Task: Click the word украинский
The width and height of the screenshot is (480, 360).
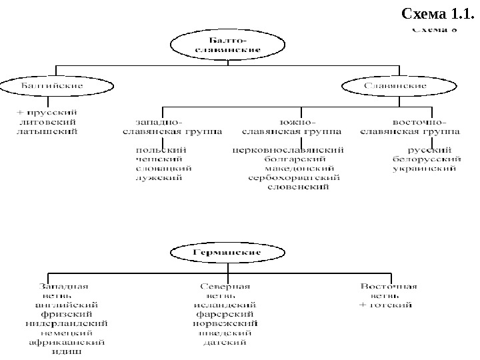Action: [425, 169]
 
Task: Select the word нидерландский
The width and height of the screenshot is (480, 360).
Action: [67, 324]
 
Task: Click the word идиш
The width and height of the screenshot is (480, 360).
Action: [67, 352]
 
